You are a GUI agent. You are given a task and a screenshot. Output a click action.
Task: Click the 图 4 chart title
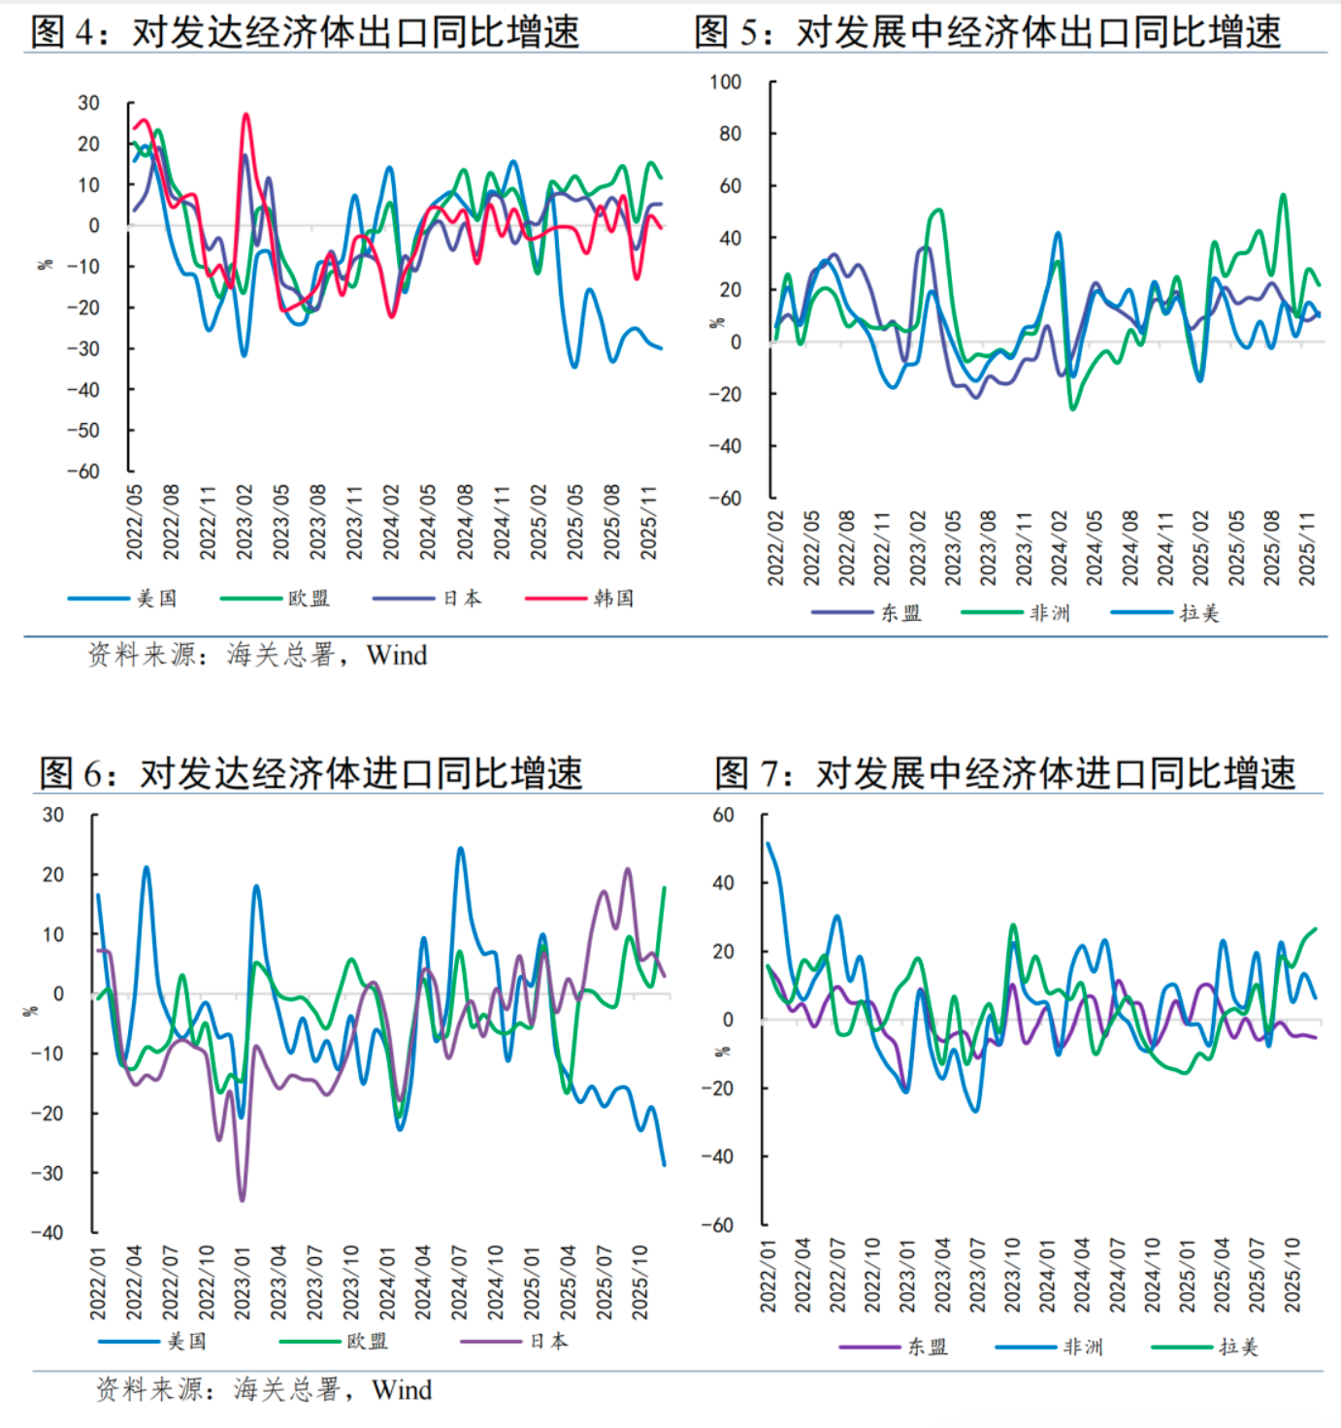click(305, 31)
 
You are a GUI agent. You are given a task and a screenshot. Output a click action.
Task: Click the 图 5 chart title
click(987, 31)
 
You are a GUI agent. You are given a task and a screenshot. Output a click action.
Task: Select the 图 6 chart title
click(311, 773)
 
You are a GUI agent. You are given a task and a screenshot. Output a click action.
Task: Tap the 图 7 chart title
click(1004, 773)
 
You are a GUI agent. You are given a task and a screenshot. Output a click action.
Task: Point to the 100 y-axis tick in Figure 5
click(725, 82)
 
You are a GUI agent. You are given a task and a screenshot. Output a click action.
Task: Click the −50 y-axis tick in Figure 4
click(83, 431)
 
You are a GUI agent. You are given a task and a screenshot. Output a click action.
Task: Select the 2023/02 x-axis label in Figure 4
click(245, 522)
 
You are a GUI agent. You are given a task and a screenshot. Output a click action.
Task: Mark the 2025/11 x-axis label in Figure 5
click(1307, 548)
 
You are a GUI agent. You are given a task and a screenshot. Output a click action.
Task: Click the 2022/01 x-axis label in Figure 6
click(98, 1282)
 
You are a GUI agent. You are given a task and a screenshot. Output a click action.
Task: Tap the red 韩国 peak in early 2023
click(245, 115)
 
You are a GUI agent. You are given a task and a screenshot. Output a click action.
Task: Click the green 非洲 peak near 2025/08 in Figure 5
click(1284, 195)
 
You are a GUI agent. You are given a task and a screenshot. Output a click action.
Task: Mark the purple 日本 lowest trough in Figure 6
click(242, 1200)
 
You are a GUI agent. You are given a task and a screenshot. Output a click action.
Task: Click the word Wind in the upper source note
click(397, 656)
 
